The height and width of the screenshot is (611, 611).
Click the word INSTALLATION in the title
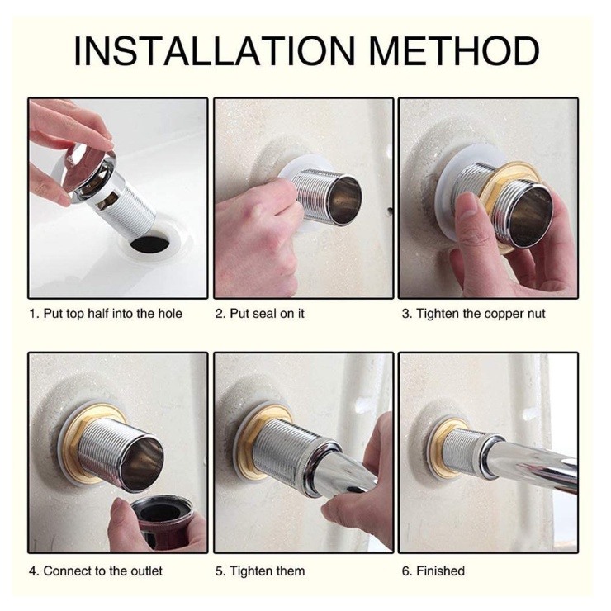click(x=215, y=51)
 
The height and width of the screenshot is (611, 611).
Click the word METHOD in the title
click(x=454, y=51)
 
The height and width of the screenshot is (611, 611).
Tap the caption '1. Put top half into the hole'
click(x=106, y=314)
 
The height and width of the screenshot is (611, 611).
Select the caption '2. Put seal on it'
click(x=259, y=314)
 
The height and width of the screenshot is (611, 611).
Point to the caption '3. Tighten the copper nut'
click(x=473, y=314)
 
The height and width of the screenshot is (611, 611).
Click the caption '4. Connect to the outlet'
click(x=96, y=571)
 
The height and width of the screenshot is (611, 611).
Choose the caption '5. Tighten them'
click(x=260, y=571)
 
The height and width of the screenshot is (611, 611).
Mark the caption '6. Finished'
click(x=433, y=571)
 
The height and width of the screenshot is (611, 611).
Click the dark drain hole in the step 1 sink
click(x=150, y=243)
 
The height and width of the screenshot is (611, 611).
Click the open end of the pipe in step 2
click(x=345, y=201)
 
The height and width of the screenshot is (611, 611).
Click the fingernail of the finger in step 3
click(x=467, y=203)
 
